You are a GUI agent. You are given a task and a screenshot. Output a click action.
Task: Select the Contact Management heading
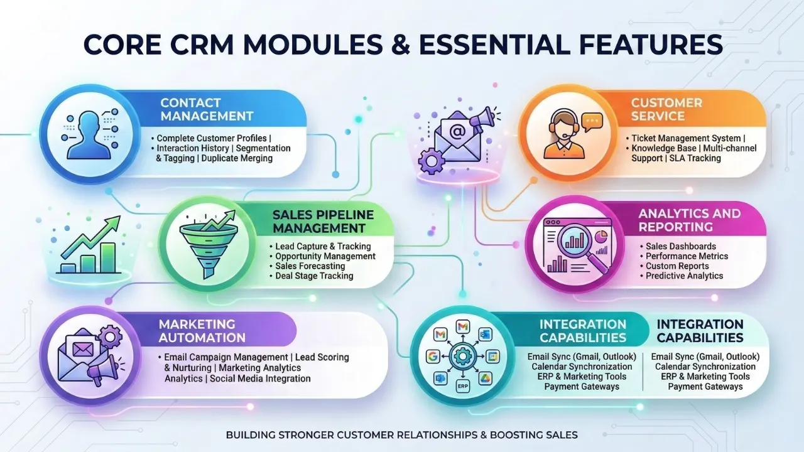click(x=207, y=109)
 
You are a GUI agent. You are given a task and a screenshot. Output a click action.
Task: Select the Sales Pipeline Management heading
click(x=323, y=221)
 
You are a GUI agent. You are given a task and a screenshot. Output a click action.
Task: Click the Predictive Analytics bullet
click(x=684, y=276)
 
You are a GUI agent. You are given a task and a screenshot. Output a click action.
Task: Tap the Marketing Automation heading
click(x=202, y=331)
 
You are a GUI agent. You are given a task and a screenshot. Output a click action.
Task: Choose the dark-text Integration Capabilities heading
click(x=700, y=331)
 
